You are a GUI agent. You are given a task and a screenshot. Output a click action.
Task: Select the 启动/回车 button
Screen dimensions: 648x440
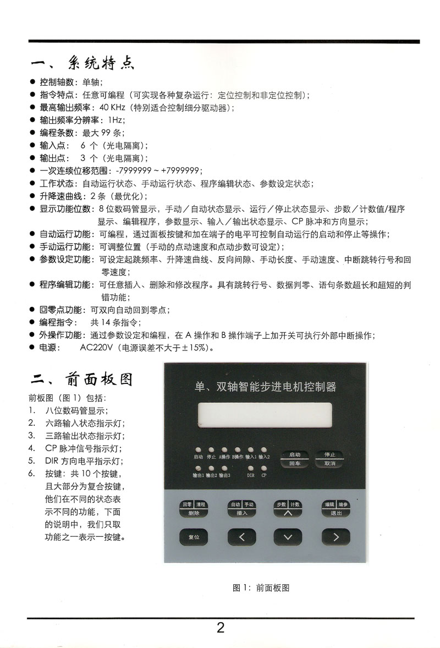point(295,459)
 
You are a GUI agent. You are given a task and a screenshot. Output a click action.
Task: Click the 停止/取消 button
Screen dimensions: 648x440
point(329,459)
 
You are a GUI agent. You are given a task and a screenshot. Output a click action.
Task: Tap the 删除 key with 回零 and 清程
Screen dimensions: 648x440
point(193,508)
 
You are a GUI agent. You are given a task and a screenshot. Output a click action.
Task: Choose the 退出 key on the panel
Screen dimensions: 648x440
point(335,508)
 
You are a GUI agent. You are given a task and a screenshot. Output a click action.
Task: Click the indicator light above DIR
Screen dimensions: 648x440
point(251,467)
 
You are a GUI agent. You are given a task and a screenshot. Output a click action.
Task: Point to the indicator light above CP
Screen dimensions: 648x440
point(264,467)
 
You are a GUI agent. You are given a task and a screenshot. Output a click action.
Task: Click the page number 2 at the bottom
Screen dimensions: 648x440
point(221,628)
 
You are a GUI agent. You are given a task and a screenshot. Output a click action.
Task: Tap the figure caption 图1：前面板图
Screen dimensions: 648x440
point(261,587)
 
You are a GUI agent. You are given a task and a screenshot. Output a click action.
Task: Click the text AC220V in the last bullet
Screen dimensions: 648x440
point(96,348)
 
